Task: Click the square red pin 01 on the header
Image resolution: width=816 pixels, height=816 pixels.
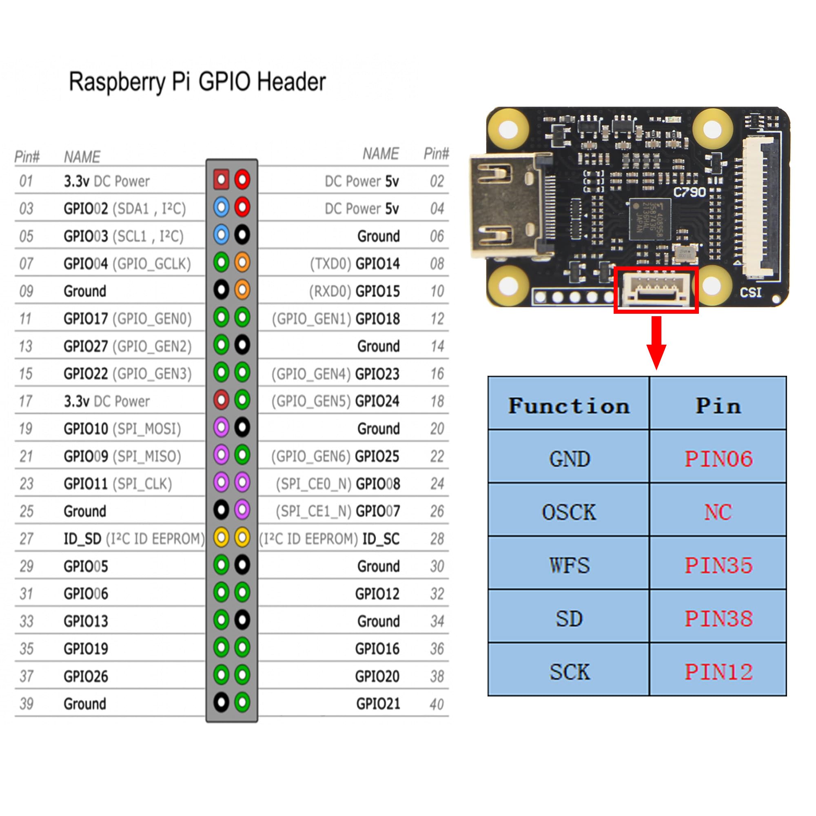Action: (221, 180)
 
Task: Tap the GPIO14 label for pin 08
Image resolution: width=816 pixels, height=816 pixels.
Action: (377, 264)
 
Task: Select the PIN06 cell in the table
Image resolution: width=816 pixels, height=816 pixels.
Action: (718, 458)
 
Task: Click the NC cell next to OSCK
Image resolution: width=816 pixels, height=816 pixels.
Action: (718, 512)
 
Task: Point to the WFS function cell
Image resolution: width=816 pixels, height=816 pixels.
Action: (569, 565)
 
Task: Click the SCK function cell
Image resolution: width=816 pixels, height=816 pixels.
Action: (569, 672)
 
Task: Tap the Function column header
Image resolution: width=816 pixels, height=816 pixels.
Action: (569, 406)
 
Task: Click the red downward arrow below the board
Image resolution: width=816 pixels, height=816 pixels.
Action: (656, 342)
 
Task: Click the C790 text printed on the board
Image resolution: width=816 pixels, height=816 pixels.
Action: (689, 193)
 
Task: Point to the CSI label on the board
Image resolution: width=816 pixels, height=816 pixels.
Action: (751, 292)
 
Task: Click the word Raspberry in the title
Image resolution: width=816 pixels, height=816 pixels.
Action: (117, 82)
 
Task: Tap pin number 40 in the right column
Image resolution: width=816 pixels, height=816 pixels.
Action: (437, 704)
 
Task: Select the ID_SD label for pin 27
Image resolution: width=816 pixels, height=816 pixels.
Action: (82, 539)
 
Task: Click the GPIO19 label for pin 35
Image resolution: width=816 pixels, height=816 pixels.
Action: (86, 649)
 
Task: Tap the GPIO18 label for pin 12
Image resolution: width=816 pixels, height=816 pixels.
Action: (377, 319)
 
